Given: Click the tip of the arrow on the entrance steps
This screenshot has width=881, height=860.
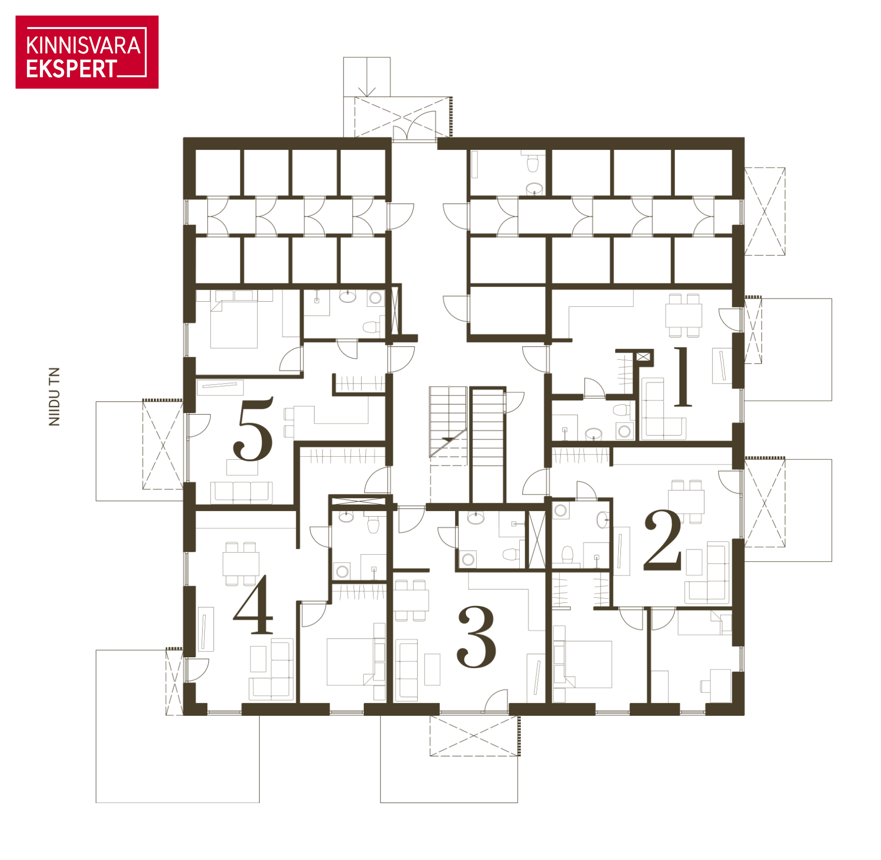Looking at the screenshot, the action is [x=367, y=96].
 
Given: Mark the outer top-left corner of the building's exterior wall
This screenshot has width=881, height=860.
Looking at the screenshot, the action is [x=184, y=138].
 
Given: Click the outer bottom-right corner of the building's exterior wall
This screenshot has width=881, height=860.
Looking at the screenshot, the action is [x=744, y=715].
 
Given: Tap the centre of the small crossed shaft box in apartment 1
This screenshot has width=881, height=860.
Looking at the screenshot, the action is [x=643, y=356].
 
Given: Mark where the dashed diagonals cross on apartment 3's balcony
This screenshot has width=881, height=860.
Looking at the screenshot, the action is [x=474, y=735].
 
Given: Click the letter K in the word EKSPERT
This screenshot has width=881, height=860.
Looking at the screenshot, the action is [x=46, y=69].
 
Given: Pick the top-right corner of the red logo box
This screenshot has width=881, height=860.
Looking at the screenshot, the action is [x=158, y=16].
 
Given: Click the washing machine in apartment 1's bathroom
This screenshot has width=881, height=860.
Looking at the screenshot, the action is [x=625, y=430].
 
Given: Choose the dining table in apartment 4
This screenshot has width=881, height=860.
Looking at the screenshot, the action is [x=241, y=563].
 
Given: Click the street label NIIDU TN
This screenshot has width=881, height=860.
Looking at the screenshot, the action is [x=54, y=397].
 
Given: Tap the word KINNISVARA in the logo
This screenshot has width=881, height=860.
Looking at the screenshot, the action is [x=83, y=46].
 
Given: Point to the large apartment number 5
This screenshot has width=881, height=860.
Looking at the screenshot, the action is [x=253, y=429].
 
